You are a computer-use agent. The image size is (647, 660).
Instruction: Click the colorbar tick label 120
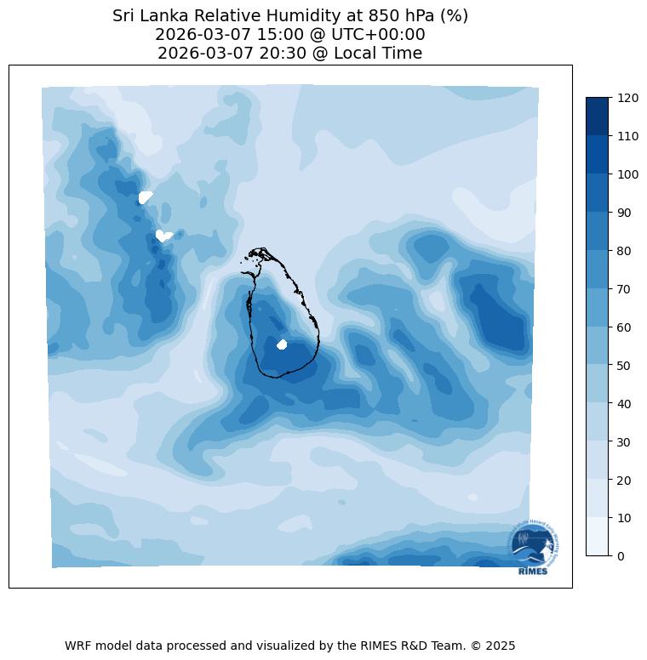click(x=628, y=98)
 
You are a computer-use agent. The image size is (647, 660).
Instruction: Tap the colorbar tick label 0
click(x=621, y=556)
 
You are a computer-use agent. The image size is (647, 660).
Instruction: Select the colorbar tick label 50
click(x=625, y=365)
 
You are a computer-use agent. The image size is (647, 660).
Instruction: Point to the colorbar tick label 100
click(x=628, y=174)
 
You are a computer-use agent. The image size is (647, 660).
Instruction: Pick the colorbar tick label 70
click(x=625, y=289)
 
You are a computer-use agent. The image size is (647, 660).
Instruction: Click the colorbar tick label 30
click(x=625, y=441)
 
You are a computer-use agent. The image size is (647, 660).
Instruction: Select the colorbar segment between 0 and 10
click(x=598, y=537)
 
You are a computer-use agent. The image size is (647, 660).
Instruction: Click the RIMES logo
click(x=534, y=548)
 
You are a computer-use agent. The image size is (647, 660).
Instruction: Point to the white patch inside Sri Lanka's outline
click(x=283, y=344)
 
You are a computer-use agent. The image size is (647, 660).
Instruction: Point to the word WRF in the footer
click(x=78, y=646)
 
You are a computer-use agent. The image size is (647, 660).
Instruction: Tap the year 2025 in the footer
click(x=500, y=646)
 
